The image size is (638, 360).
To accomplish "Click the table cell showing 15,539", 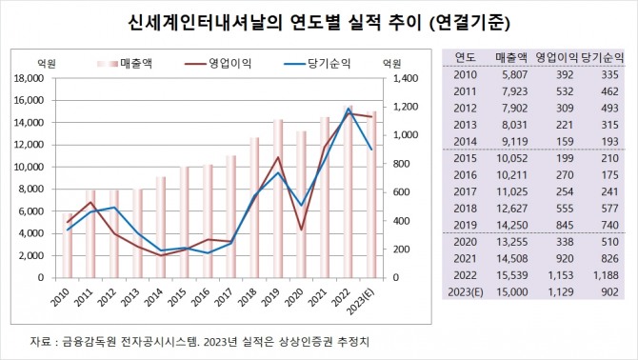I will coord(513,273).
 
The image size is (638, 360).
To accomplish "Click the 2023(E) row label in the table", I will coord(467,290).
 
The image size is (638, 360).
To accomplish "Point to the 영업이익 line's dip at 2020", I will coord(302,230).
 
